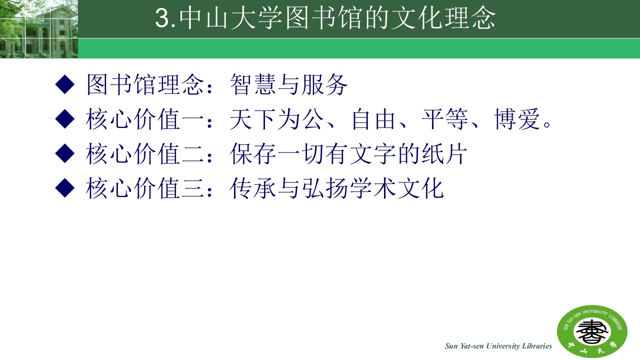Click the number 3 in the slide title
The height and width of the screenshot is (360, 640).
pos(162,19)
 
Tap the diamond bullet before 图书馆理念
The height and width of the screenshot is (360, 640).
pos(64,85)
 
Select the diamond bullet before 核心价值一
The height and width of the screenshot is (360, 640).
pos(64,119)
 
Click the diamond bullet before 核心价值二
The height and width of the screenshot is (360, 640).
pos(64,154)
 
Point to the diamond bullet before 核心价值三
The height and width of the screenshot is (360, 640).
pos(64,188)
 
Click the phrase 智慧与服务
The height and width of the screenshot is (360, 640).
pos(288,85)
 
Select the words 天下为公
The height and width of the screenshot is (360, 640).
pos(277,120)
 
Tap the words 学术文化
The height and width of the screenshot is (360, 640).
pos(396,189)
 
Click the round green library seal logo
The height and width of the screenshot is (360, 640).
pos(592,331)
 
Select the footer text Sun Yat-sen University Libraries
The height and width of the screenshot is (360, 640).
pos(498,346)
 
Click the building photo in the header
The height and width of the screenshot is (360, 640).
pos(38,29)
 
